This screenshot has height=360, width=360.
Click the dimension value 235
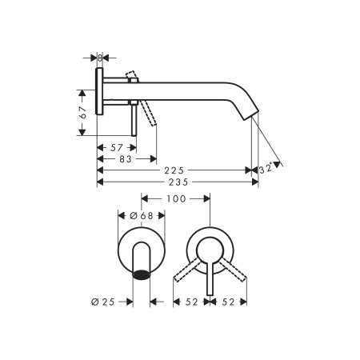[x=178, y=182]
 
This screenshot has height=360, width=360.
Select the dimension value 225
[x=174, y=170]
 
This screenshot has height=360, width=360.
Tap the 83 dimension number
[x=126, y=159]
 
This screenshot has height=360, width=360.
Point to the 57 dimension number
[x=117, y=147]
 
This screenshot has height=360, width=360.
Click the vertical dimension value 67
[x=83, y=113]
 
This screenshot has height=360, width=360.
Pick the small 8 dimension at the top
[x=100, y=58]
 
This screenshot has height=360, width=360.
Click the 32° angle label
[x=266, y=169]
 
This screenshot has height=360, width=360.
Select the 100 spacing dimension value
[x=176, y=198]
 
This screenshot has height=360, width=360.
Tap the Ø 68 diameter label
[x=142, y=216]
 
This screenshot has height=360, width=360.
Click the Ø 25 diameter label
[x=103, y=302]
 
